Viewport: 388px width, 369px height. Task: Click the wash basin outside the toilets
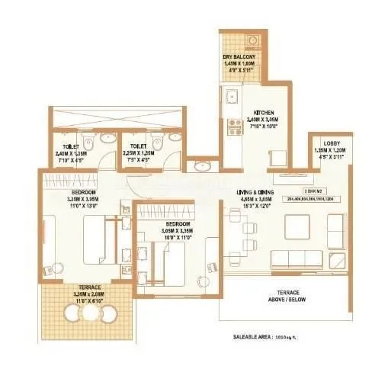click(x=202, y=165)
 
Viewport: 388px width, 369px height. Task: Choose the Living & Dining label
click(x=255, y=192)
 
